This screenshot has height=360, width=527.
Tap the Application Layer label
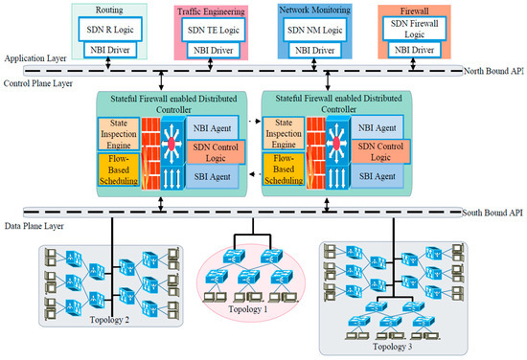coord(34,57)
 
